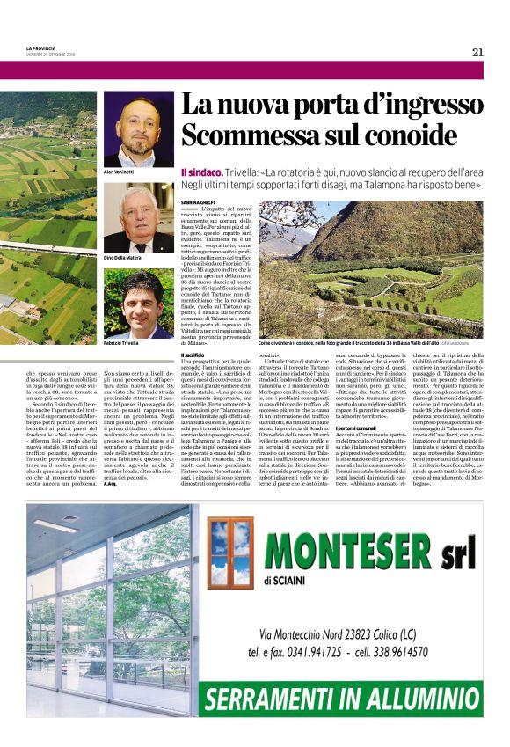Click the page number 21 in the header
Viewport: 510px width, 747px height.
tap(477, 52)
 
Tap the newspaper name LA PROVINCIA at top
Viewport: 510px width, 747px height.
tap(41, 48)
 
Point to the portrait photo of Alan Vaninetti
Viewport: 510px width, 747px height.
tap(139, 129)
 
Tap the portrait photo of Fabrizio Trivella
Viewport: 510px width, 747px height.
tap(139, 304)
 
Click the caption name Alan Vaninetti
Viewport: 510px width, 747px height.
tap(120, 172)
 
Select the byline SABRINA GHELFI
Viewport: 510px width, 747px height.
tap(199, 202)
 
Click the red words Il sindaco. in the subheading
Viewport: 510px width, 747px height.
tap(200, 172)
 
